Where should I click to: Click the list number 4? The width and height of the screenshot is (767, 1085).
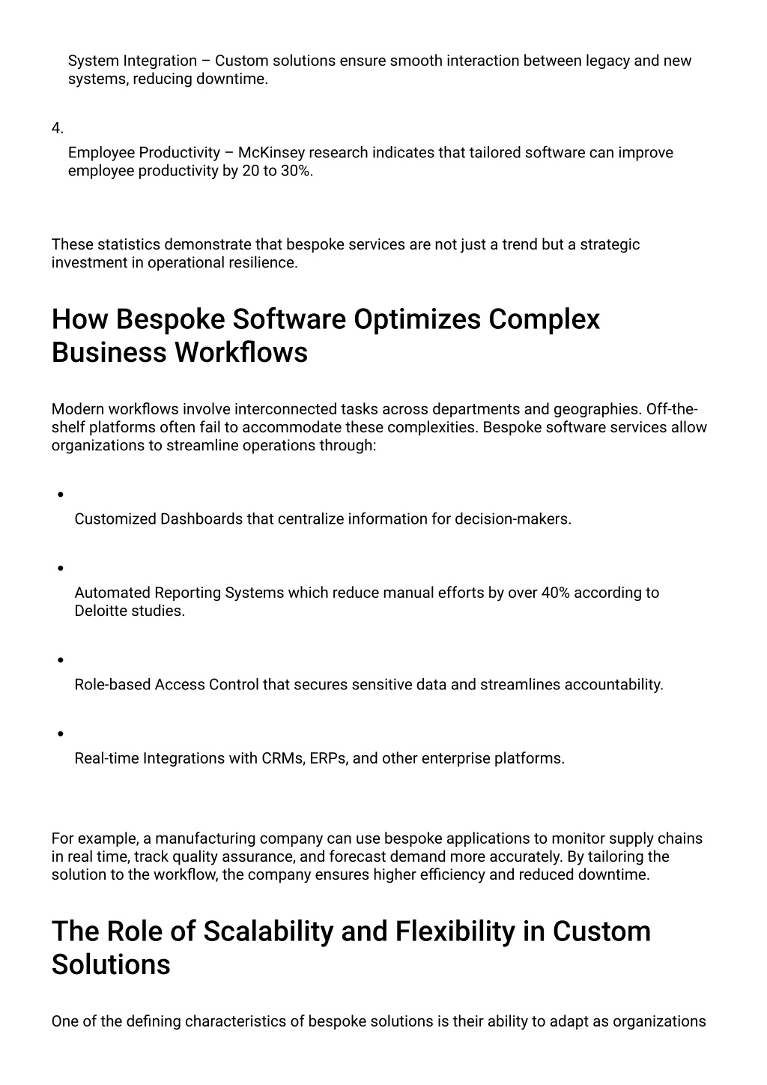57,128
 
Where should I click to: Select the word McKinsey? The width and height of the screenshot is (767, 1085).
271,153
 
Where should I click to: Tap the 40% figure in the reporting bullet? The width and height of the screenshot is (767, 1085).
555,593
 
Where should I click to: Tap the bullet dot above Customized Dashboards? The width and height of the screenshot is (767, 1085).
59,495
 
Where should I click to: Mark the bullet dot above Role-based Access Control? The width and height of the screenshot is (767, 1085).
59,660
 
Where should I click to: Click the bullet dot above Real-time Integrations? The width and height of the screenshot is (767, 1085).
59,734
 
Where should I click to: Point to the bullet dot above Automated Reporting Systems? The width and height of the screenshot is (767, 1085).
59,568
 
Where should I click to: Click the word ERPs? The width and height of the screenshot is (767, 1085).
328,758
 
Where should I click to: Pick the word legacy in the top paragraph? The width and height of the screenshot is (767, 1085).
607,61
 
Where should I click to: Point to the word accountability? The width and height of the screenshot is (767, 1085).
613,685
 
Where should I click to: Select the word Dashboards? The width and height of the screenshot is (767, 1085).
201,519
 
